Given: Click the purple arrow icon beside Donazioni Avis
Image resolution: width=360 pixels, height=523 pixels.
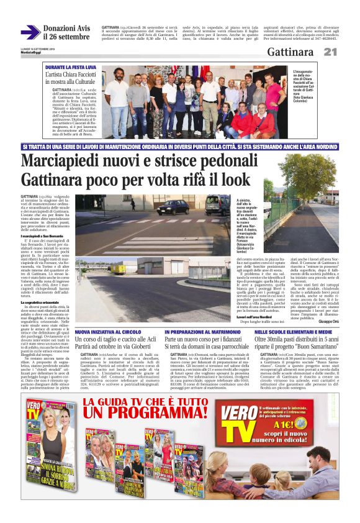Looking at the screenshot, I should pos(29,32).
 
